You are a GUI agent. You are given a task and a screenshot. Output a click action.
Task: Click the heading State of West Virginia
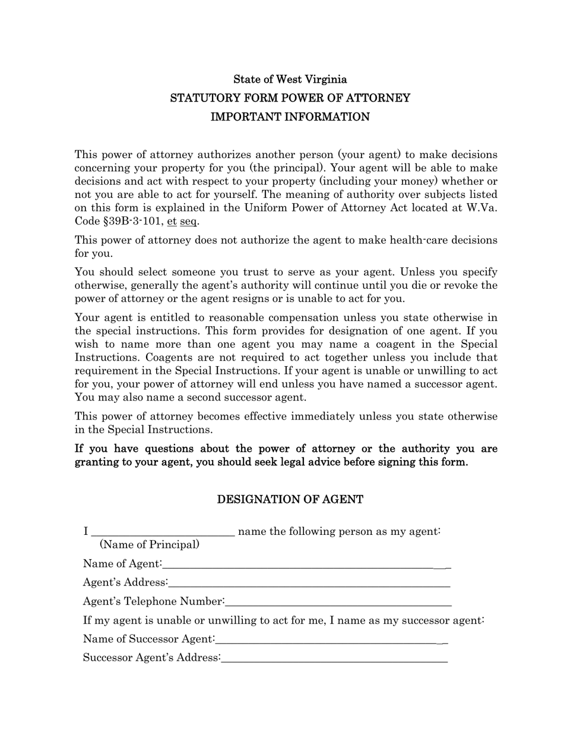pos(290,79)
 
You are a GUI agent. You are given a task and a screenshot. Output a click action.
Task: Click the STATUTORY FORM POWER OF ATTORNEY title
pos(290,98)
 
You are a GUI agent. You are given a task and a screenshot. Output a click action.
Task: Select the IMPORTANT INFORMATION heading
pos(290,117)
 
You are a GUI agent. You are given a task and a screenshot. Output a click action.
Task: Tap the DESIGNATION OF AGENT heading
pos(290,499)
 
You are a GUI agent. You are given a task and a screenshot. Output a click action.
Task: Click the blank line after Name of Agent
pos(306,565)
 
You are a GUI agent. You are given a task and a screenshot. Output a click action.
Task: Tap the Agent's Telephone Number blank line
pos(338,602)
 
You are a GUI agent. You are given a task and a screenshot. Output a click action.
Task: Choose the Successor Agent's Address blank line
pos(334,658)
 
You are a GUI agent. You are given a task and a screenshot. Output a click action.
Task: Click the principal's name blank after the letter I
pos(163,533)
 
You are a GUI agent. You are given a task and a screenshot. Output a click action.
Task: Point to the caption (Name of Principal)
pos(150,545)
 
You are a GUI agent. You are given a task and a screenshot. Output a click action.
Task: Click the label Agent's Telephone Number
pos(153,601)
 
